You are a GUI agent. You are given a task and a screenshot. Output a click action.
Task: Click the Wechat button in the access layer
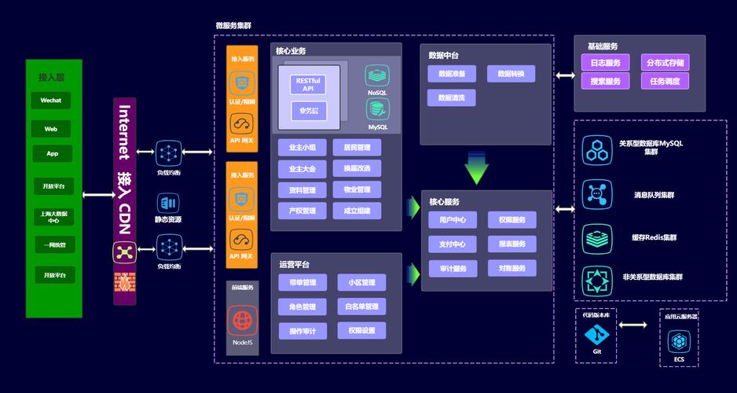click(51, 101)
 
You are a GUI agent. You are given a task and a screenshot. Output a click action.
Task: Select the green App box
click(52, 153)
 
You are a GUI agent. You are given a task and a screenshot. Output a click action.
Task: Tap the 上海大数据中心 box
click(54, 216)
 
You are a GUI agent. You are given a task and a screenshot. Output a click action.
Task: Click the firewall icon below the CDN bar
click(123, 281)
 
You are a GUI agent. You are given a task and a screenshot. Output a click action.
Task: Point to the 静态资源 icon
click(167, 204)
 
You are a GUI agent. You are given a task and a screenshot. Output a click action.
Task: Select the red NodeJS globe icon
click(242, 321)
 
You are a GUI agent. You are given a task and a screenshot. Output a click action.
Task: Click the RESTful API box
click(308, 84)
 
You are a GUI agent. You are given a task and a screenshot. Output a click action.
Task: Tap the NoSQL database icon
click(377, 76)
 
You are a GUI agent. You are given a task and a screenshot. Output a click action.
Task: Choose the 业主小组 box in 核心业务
click(302, 148)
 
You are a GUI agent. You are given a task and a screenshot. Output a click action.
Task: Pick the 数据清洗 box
click(451, 98)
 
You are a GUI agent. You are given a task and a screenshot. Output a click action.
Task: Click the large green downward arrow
click(476, 168)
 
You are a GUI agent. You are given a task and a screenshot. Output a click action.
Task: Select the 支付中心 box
click(453, 244)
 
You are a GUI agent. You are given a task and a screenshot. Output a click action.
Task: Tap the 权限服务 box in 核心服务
click(511, 220)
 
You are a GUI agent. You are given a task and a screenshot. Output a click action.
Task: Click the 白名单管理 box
click(361, 307)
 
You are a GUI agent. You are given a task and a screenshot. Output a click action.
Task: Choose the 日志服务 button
click(605, 63)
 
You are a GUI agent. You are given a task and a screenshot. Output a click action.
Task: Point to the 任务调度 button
click(665, 81)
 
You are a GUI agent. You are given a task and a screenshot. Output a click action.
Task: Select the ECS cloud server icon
click(678, 342)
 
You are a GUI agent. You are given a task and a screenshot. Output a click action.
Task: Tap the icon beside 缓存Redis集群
click(596, 237)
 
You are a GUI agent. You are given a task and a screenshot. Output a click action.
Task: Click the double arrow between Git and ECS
click(638, 324)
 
